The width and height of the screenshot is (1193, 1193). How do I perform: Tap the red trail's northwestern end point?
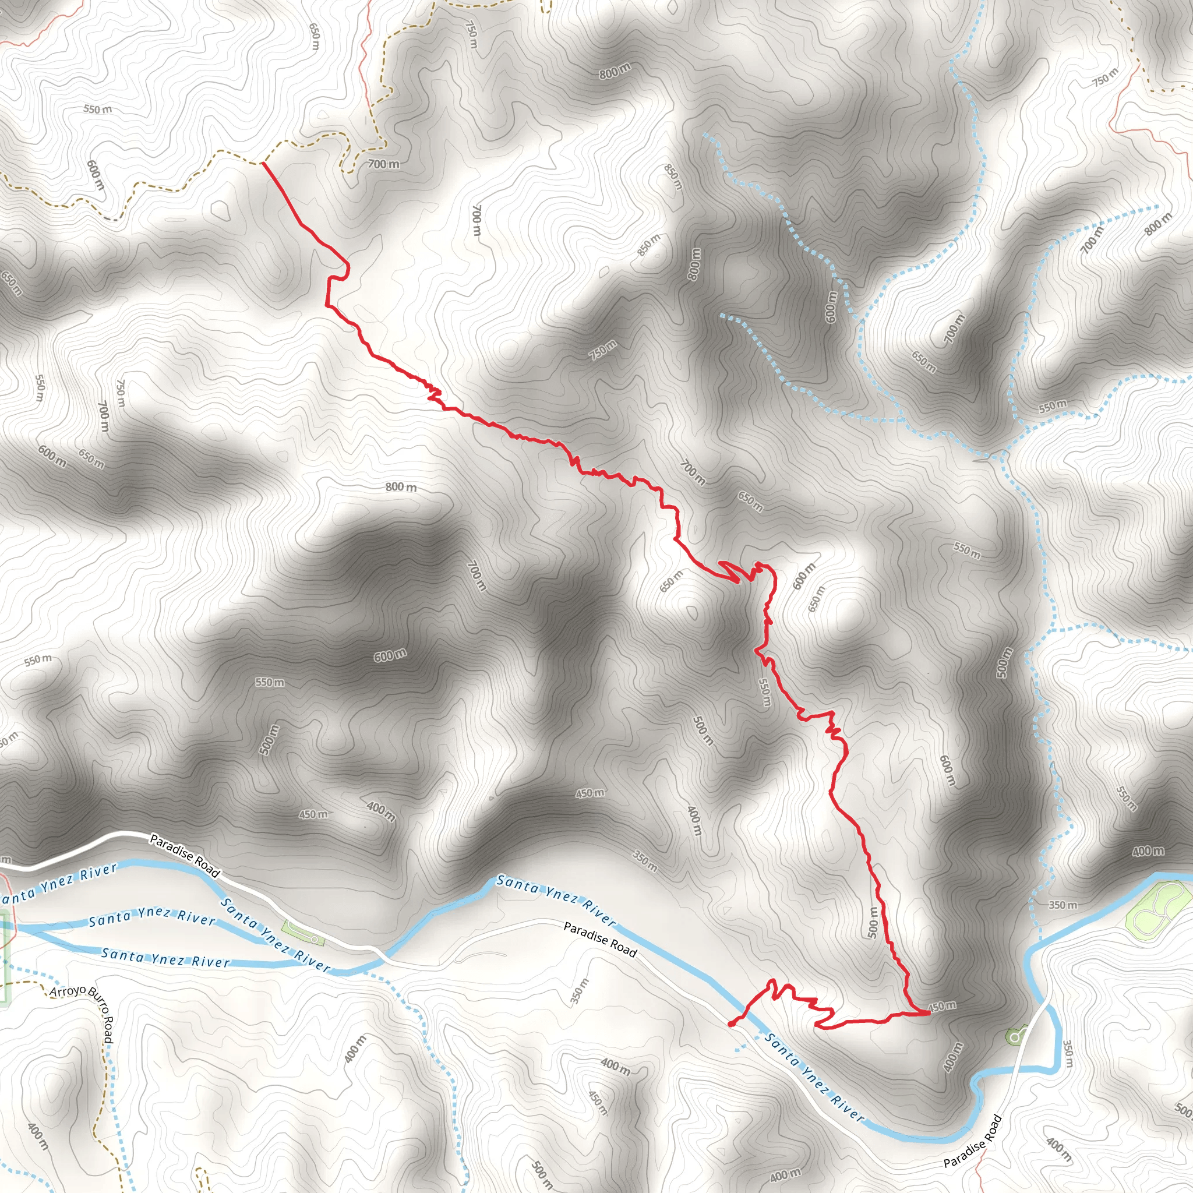click(263, 163)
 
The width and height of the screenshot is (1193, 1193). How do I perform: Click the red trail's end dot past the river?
click(731, 1025)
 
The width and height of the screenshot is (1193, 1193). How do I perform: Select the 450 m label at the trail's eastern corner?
click(942, 1007)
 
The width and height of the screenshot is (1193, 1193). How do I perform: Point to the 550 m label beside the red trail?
click(764, 692)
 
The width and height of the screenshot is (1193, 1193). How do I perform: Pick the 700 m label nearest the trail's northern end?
click(383, 164)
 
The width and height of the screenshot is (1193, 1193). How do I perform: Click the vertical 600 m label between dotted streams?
click(831, 306)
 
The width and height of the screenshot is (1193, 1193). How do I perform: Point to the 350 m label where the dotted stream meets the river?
click(1063, 905)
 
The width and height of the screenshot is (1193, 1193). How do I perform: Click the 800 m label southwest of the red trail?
click(401, 487)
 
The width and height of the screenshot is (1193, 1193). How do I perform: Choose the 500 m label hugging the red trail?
click(873, 922)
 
